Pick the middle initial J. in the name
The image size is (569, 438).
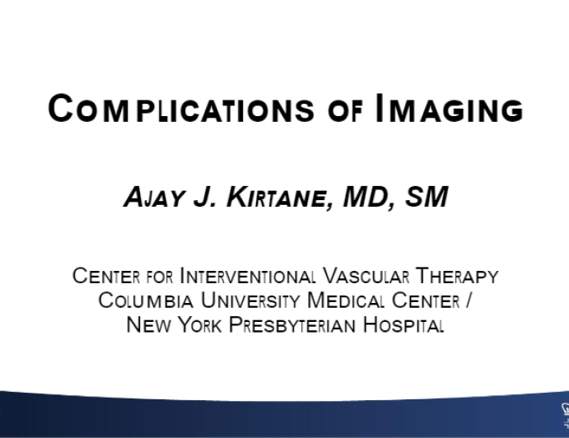coord(198,198)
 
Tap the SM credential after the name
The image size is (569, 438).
coord(425,198)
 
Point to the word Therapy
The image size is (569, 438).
coord(456,276)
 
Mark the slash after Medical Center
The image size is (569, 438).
coord(469,301)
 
